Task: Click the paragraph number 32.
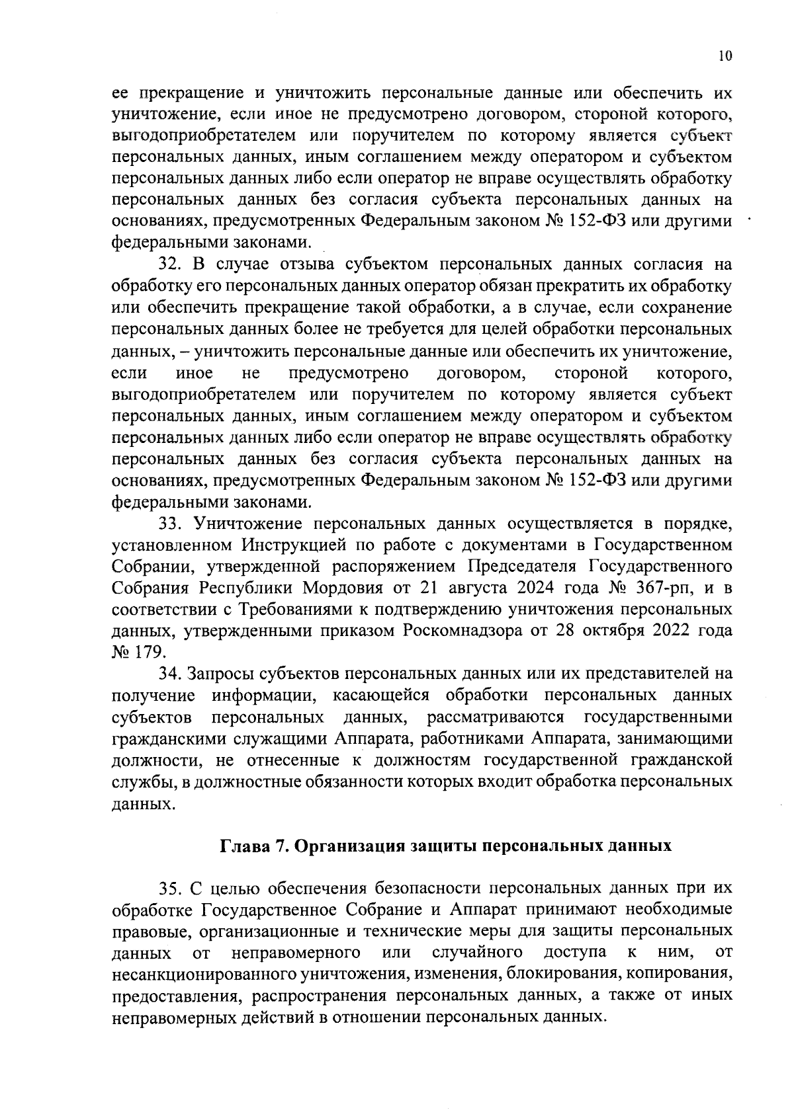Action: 169,265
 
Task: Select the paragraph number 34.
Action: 169,674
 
